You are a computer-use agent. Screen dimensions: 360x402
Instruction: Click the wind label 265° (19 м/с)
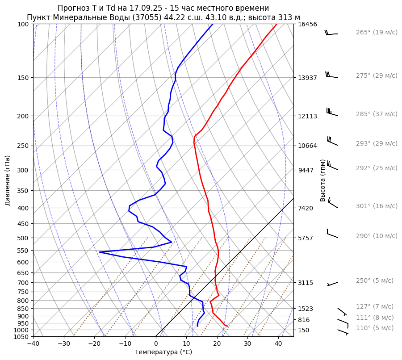[376, 33]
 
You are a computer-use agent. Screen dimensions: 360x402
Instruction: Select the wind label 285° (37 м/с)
[376, 114]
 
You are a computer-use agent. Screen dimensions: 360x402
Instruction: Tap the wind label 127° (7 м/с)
[374, 307]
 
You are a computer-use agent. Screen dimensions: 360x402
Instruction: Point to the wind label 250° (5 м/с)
[374, 281]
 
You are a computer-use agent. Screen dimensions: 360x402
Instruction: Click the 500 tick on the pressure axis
[24, 238]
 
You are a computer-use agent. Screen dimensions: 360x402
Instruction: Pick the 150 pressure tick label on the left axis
[24, 78]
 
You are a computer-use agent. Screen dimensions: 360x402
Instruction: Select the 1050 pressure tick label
[22, 337]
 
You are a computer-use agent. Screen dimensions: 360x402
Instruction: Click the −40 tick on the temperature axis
[33, 344]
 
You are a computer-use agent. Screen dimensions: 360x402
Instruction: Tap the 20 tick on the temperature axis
[217, 344]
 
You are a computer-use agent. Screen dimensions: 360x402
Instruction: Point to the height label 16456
[307, 25]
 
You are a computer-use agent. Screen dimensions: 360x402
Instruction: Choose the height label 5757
[306, 238]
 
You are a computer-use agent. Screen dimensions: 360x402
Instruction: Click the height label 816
[304, 320]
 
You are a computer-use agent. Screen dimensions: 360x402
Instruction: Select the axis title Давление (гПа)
[8, 180]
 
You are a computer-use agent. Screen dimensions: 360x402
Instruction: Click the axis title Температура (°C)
[163, 352]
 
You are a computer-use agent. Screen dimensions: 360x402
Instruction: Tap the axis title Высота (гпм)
[322, 180]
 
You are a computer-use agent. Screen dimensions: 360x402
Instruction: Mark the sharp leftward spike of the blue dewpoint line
[100, 252]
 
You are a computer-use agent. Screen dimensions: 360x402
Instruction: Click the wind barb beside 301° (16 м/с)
[333, 203]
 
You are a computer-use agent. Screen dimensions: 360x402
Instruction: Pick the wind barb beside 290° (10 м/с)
[332, 233]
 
